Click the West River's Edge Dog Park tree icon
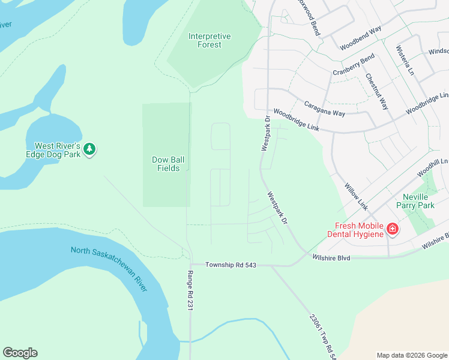[89, 149]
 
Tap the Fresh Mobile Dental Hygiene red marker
[392, 229]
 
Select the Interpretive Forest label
[209, 41]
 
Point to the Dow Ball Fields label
[164, 164]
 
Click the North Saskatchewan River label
[109, 269]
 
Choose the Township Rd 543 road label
[231, 265]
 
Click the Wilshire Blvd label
[331, 257]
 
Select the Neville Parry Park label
[418, 201]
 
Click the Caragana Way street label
[324, 109]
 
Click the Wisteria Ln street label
[404, 60]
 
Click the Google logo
[20, 353]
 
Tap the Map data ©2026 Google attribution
[411, 355]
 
